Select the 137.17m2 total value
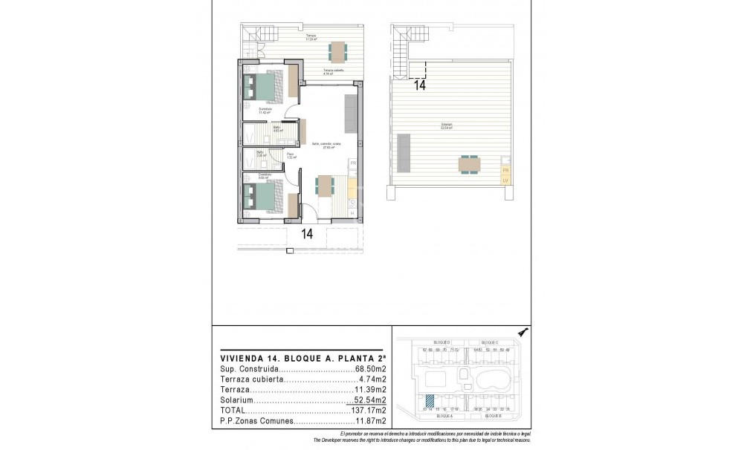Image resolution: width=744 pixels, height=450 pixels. pos(369,410)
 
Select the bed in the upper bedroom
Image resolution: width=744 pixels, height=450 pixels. pos(266,86)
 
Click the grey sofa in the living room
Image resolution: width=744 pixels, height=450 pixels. pos(349,111)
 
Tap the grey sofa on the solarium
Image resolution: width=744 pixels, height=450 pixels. pos(404,152)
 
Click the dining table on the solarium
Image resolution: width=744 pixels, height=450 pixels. pos(468,163)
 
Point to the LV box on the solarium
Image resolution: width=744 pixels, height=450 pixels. pos(505,180)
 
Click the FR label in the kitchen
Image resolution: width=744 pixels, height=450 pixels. pos(353,163)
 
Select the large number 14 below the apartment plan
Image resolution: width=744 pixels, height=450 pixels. pos(306,234)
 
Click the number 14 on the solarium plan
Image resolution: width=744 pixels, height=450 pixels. pos(419,85)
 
